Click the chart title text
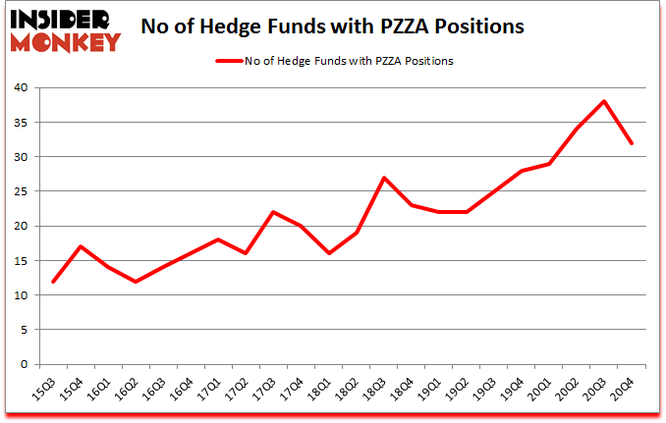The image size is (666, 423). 332,26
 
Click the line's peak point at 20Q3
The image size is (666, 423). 604,101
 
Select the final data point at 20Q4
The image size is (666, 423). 632,143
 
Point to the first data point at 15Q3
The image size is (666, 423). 52,282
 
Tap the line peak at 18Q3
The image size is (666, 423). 384,178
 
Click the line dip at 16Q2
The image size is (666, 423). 135,282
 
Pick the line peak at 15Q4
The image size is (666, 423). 80,246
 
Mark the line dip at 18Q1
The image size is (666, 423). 328,253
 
